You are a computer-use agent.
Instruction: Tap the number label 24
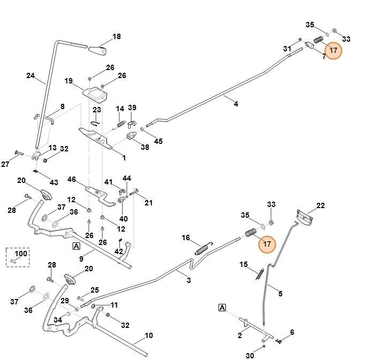click(31, 75)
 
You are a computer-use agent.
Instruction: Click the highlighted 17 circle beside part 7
click(333, 50)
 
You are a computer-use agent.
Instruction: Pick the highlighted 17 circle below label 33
click(267, 243)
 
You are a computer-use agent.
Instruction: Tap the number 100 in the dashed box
click(20, 253)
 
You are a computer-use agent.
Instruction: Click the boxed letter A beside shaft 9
click(77, 246)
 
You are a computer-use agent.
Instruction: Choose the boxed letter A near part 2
click(222, 308)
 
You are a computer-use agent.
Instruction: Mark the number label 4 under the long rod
click(236, 104)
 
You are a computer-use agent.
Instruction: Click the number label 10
click(149, 336)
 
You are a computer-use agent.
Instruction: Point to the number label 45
click(158, 141)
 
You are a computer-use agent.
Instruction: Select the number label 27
click(5, 164)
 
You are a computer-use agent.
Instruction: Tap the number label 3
click(188, 280)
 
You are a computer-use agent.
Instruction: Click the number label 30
click(250, 356)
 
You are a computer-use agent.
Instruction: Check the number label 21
click(149, 203)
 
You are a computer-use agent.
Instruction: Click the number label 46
click(72, 179)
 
